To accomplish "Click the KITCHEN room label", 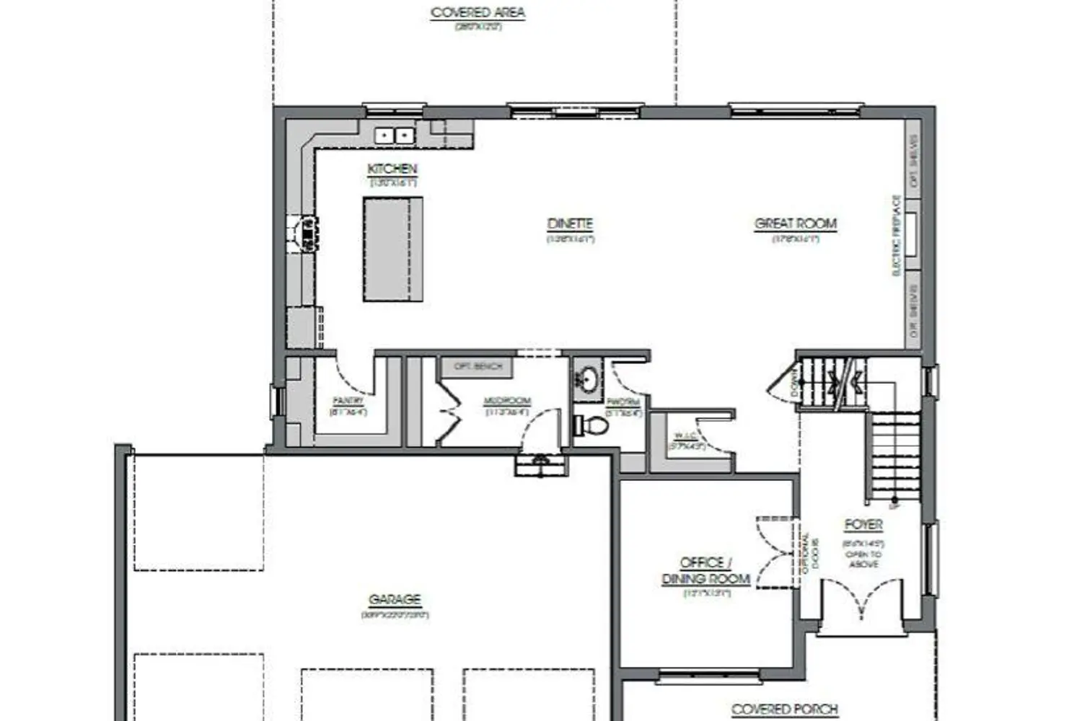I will click(x=392, y=169).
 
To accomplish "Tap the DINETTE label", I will click(x=570, y=224).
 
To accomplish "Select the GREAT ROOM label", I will click(x=796, y=224).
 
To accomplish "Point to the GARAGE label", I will click(x=395, y=600).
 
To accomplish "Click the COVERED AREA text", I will click(x=478, y=13).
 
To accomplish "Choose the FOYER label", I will click(x=863, y=525).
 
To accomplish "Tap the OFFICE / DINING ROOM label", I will click(x=706, y=571).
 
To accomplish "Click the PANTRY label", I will click(x=348, y=401).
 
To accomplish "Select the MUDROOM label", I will click(x=507, y=402).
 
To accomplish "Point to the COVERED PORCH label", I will click(x=785, y=709).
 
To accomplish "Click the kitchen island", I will click(x=392, y=249).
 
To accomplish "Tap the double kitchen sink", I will click(x=394, y=135).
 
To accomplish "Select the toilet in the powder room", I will click(x=592, y=425).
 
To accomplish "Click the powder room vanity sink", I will click(x=588, y=379).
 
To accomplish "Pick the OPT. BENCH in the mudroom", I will click(x=477, y=367).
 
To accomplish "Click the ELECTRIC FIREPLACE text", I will click(x=897, y=235).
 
